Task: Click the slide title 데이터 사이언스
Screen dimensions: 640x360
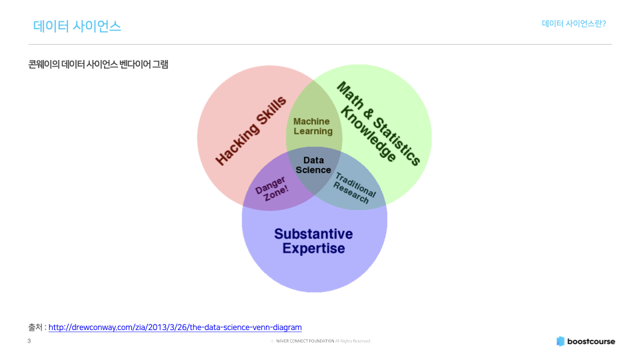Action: coord(77,26)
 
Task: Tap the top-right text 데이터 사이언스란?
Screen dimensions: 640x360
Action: coord(573,23)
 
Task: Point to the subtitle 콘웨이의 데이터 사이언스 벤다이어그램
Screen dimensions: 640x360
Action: coord(98,65)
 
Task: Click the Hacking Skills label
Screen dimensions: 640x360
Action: coord(251,131)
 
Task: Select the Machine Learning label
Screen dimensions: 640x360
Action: coord(313,126)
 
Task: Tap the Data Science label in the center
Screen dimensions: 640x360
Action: coord(313,165)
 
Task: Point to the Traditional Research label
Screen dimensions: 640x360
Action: coord(353,188)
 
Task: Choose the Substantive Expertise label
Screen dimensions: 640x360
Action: coord(313,241)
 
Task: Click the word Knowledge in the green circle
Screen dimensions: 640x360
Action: coord(368,134)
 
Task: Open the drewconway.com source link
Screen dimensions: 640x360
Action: coord(175,327)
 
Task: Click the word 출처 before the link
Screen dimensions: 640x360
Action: coord(35,327)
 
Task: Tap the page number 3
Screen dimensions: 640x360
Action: coord(29,341)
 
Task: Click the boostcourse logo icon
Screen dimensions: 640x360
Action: coord(561,341)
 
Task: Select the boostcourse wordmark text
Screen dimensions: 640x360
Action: coord(591,341)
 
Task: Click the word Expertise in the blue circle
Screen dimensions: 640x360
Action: coord(313,249)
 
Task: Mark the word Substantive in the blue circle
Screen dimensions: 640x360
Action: coord(313,234)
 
